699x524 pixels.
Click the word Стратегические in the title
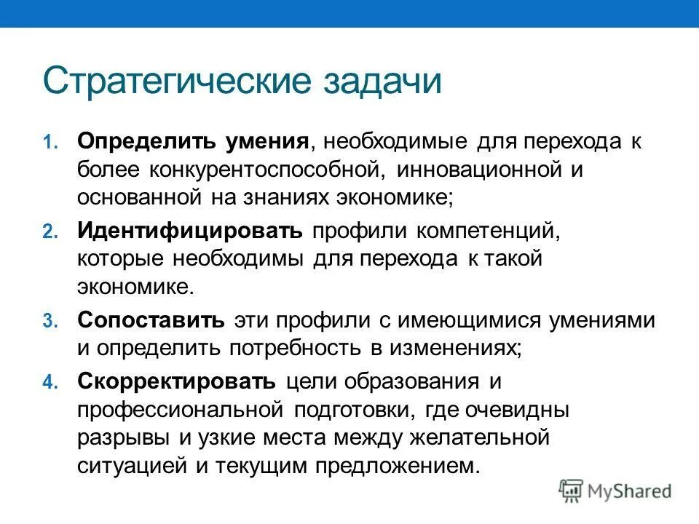click(175, 82)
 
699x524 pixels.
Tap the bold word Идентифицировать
click(190, 231)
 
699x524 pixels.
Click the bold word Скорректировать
click(177, 382)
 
